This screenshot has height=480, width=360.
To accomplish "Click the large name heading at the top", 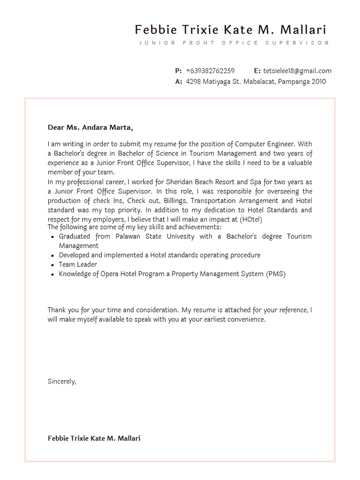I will (x=230, y=30).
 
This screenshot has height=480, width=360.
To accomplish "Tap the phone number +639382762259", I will (x=210, y=71).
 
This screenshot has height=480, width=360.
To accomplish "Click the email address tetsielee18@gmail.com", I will (x=297, y=71).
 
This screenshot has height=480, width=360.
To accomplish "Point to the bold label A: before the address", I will (x=178, y=82).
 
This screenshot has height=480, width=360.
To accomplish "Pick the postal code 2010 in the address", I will (x=319, y=82).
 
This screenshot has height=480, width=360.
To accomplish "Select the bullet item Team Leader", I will (x=78, y=264).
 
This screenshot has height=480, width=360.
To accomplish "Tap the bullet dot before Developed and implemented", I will (x=52, y=255).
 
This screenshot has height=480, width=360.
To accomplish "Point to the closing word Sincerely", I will (x=61, y=381).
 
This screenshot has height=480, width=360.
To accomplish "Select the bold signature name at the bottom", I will (x=94, y=438).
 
